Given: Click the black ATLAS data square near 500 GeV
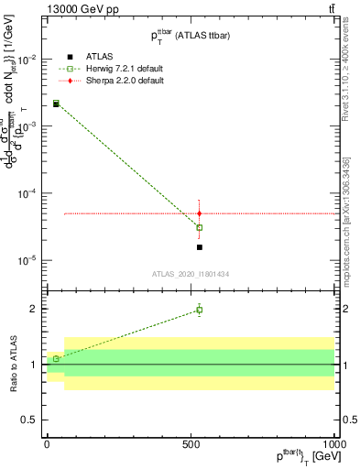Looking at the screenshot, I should pyautogui.click(x=200, y=247).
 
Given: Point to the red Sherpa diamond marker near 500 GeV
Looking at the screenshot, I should pyautogui.click(x=200, y=213).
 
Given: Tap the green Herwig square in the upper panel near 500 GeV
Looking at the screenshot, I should pyautogui.click(x=200, y=227).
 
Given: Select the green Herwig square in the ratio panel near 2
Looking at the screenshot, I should pyautogui.click(x=200, y=310).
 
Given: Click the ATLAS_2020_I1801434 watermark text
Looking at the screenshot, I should pyautogui.click(x=191, y=274).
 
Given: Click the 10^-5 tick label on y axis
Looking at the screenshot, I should pyautogui.click(x=26, y=260).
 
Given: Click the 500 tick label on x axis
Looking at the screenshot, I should pyautogui.click(x=191, y=443).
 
